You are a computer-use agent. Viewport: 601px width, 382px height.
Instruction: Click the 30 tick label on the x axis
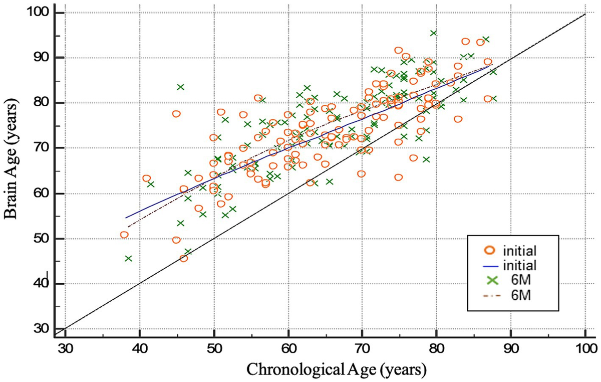point(66,347)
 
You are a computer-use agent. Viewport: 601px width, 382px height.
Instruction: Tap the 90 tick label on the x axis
point(510,347)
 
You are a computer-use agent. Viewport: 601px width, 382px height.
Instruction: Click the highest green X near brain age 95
point(434,33)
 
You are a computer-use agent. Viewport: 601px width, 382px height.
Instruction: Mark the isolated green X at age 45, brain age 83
point(180,87)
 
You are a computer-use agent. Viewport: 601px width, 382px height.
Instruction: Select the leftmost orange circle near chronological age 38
point(125,235)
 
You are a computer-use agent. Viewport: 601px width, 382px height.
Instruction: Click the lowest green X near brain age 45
point(128,258)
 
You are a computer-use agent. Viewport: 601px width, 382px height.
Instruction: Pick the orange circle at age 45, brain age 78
point(176,114)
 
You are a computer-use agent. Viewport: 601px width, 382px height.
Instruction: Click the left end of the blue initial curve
point(126,218)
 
